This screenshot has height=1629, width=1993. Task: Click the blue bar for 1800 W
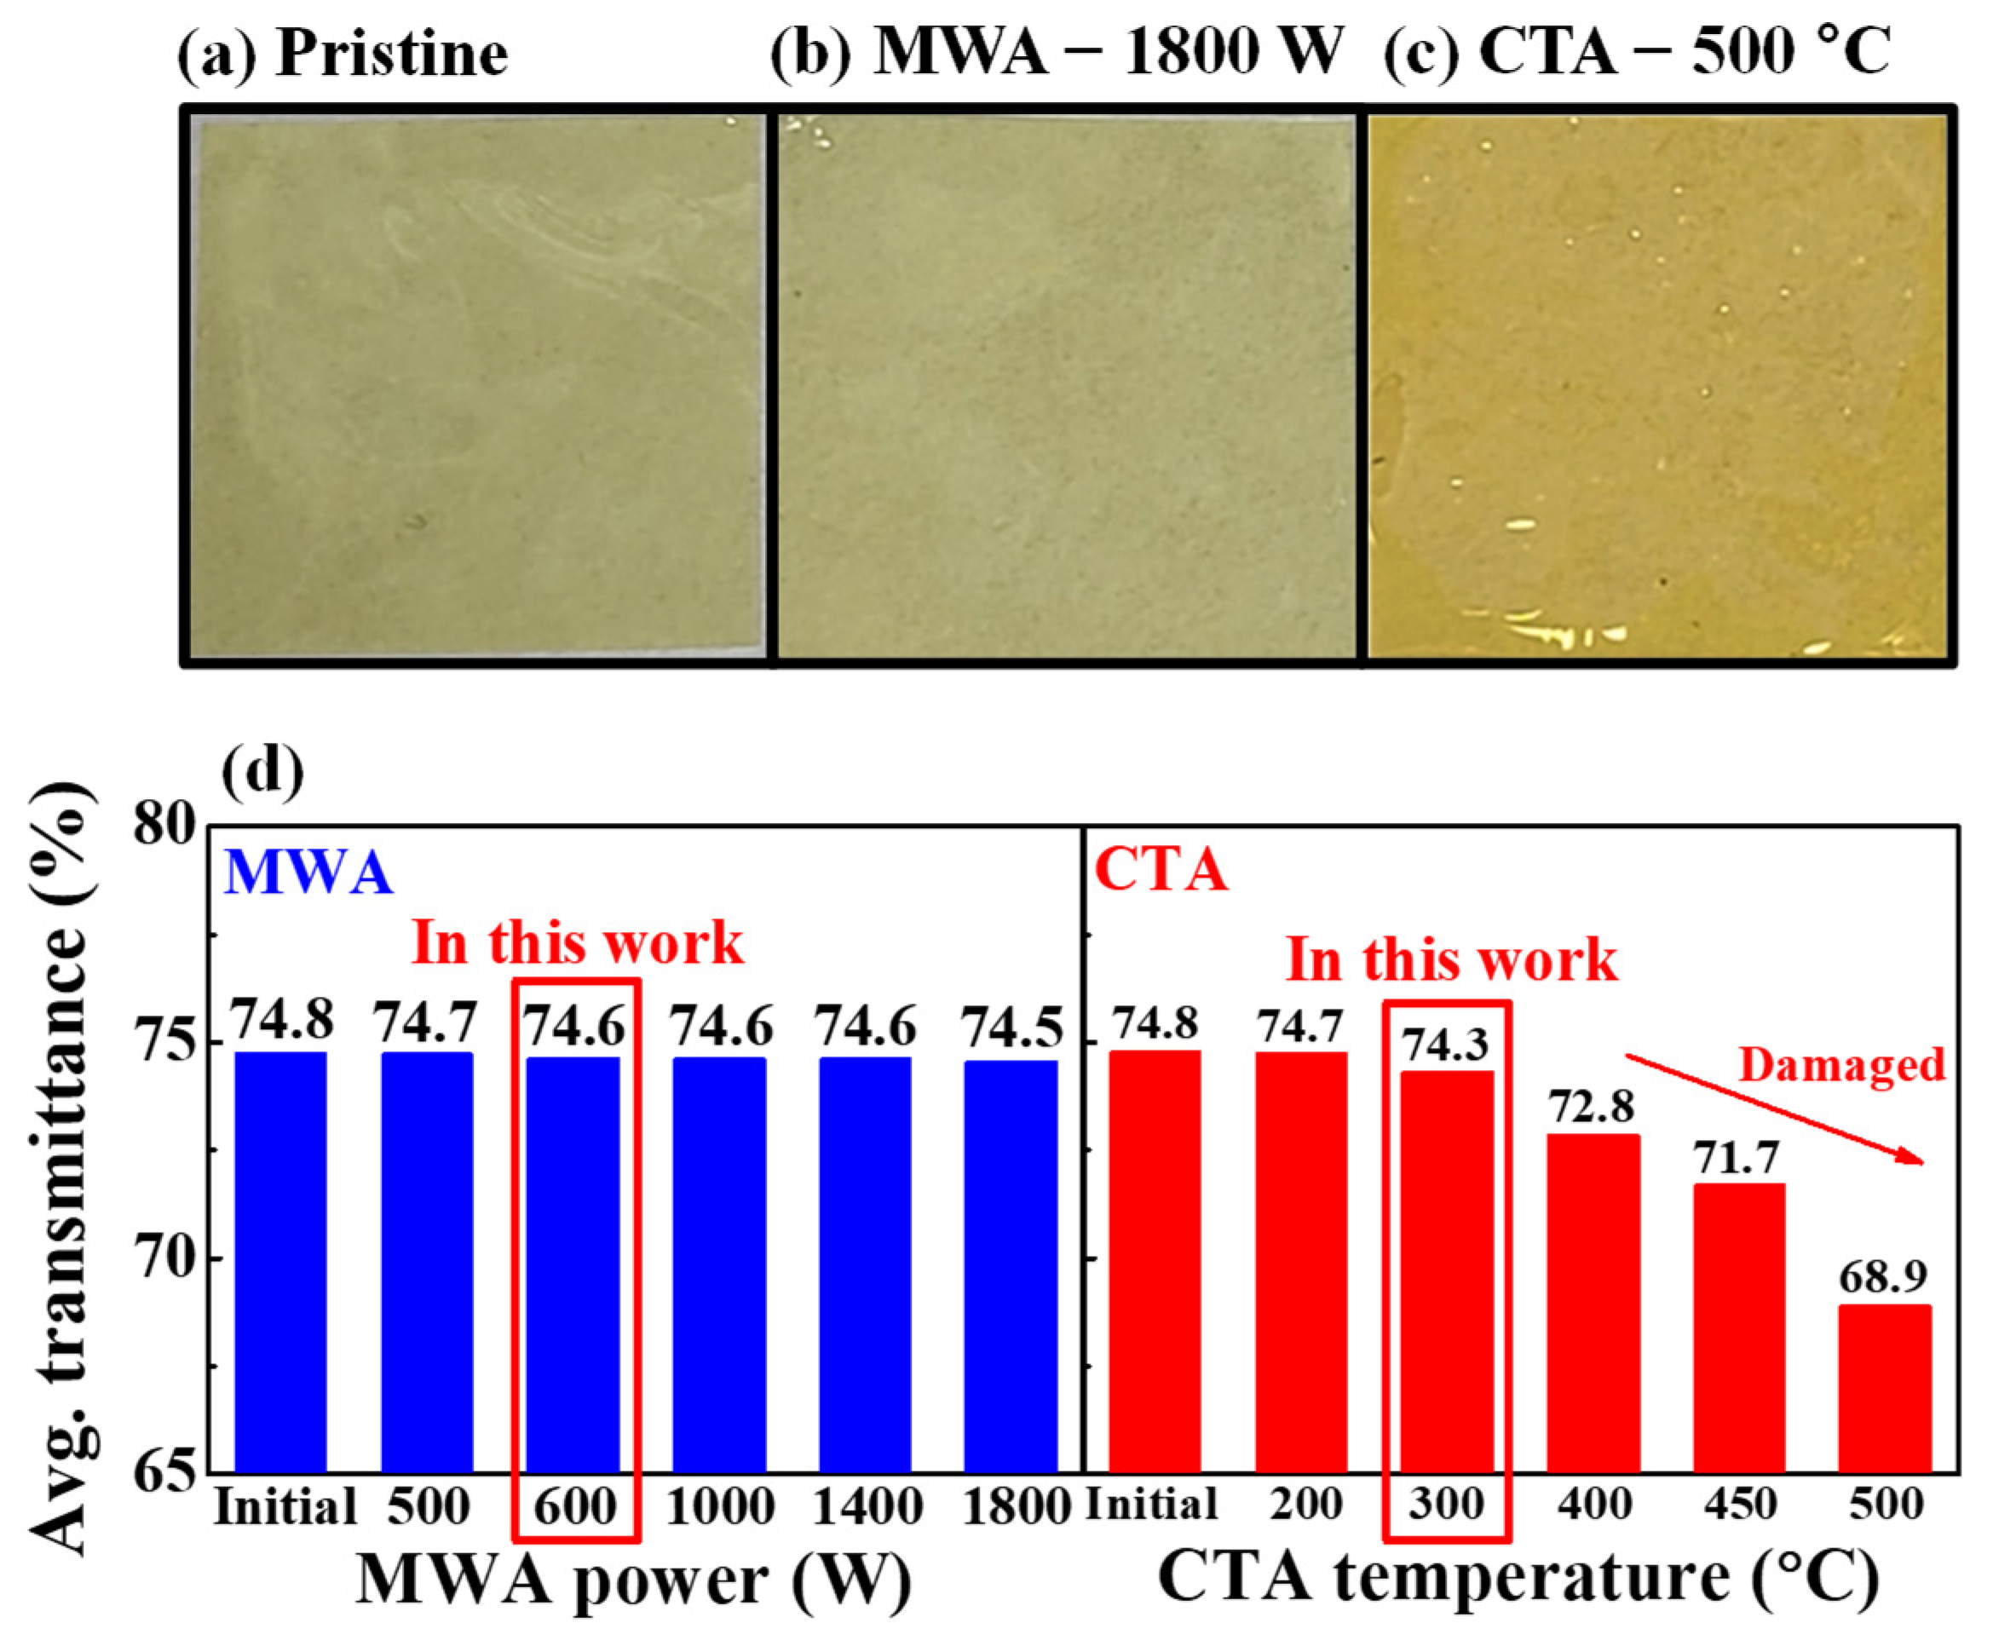(x=1011, y=1267)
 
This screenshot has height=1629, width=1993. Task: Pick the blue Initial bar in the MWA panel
(x=280, y=1262)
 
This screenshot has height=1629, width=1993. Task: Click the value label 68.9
(x=1882, y=1276)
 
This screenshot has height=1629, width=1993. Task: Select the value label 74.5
(x=1012, y=1028)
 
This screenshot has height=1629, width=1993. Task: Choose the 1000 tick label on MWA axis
(x=720, y=1507)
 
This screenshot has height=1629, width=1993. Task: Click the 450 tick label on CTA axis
(x=1739, y=1505)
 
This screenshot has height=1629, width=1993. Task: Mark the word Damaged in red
(x=1841, y=1065)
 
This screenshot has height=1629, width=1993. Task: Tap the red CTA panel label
(x=1161, y=870)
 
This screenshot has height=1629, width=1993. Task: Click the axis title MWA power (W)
(x=634, y=1581)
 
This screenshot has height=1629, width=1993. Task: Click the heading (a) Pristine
(x=343, y=55)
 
